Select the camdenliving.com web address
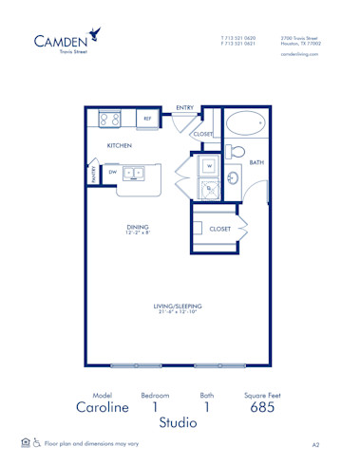300,54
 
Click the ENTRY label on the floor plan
185,108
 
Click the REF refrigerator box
147,120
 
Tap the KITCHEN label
119,146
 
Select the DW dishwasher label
112,173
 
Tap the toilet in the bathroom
237,151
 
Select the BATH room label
256,163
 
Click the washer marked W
209,166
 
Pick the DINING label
139,227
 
